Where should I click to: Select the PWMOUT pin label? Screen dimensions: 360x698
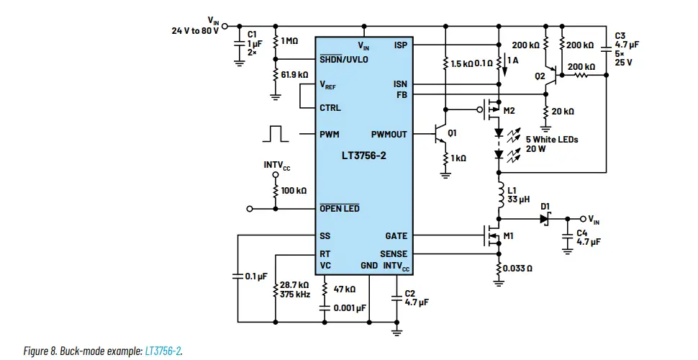click(389, 135)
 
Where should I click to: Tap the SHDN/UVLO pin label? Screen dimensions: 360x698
click(344, 60)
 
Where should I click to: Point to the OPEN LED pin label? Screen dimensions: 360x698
click(340, 209)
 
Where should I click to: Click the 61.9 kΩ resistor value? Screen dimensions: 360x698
click(295, 75)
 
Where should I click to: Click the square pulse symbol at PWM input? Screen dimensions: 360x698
click(276, 133)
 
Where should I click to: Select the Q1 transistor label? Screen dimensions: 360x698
click(452, 133)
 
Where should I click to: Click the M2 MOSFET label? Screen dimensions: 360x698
click(509, 110)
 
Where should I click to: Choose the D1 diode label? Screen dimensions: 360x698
click(545, 207)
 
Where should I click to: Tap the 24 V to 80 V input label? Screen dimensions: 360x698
click(195, 31)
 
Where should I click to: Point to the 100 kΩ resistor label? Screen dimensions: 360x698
click(294, 191)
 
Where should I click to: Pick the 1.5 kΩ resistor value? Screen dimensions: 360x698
click(461, 63)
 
